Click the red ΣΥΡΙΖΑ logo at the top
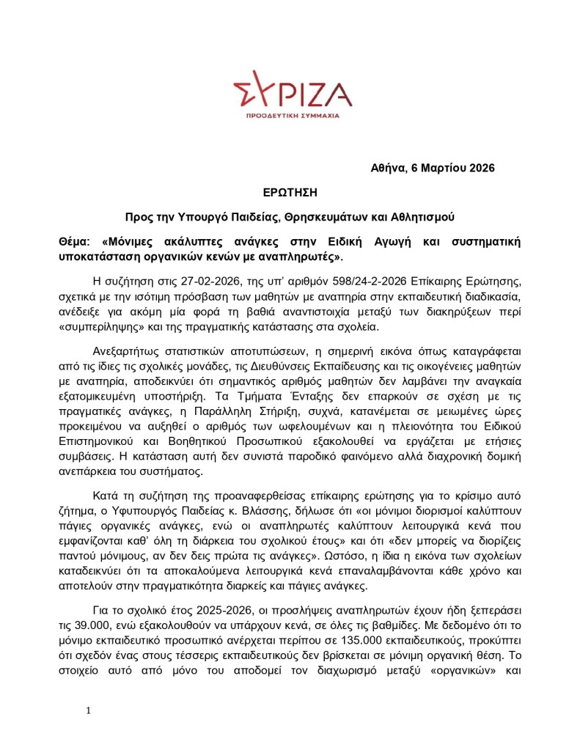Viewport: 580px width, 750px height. pos(292,92)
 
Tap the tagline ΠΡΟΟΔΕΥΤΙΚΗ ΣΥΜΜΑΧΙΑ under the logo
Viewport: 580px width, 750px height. pos(292,117)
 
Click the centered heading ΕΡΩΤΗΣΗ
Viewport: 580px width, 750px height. pos(290,192)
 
